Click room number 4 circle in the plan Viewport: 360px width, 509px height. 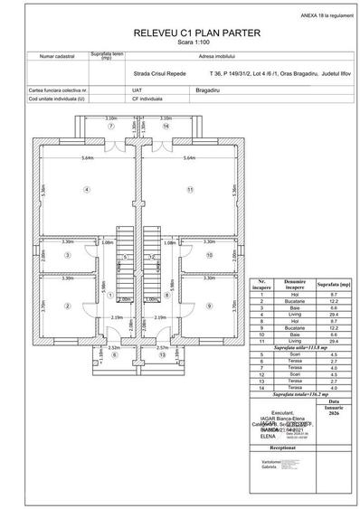pyautogui.click(x=87, y=190)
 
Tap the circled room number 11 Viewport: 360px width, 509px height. pyautogui.click(x=190, y=190)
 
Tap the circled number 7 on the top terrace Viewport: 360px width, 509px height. pyautogui.click(x=111, y=127)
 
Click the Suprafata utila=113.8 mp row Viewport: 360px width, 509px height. pyautogui.click(x=305, y=345)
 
